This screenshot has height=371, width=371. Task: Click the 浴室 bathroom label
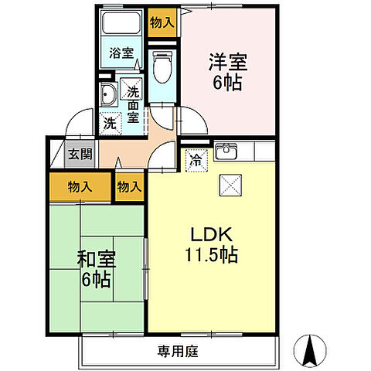coord(120,54)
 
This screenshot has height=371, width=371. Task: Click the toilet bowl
coord(162,69)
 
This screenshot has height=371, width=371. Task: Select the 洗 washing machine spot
coord(111,122)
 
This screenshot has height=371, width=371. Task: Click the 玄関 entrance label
coord(76,153)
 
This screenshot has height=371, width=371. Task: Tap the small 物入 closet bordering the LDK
coord(129,187)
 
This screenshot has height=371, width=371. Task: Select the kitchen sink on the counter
coord(226,150)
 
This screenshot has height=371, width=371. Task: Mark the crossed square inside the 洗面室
coord(133,87)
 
